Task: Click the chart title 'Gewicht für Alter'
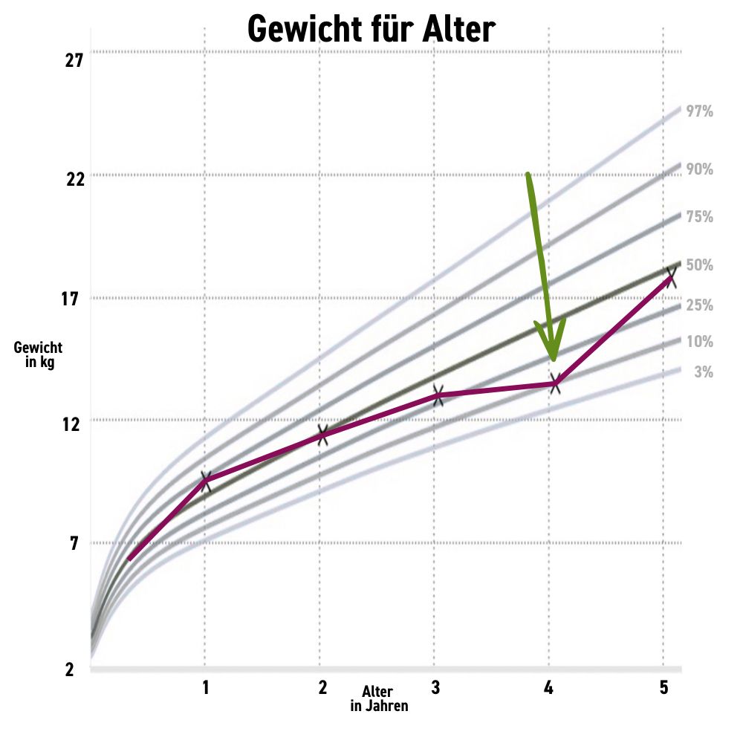(371, 30)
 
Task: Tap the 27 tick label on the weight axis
(73, 60)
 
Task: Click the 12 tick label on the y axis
(73, 424)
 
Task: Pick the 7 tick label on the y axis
(74, 545)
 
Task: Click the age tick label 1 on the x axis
(205, 688)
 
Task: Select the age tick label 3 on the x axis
(435, 688)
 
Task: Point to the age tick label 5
(663, 688)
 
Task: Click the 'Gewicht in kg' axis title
(38, 354)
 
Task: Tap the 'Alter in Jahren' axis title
(379, 699)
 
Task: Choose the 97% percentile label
(699, 112)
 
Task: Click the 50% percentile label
(699, 265)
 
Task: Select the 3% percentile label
(703, 372)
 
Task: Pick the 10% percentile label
(699, 342)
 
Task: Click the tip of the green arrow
(553, 360)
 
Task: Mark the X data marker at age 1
(205, 480)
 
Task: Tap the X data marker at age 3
(438, 395)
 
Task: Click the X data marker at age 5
(670, 277)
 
